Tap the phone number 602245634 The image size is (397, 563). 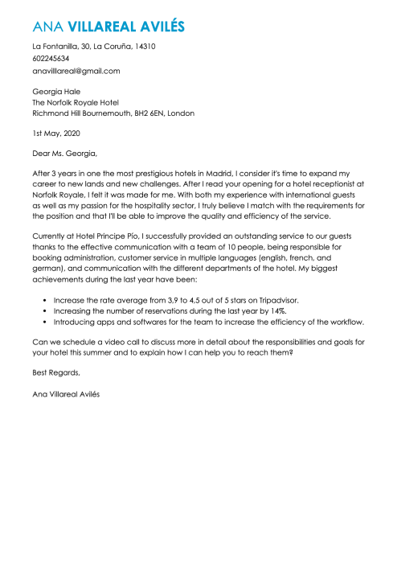coord(51,59)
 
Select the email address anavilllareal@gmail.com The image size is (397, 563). coord(76,71)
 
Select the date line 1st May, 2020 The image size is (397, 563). coord(56,133)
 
